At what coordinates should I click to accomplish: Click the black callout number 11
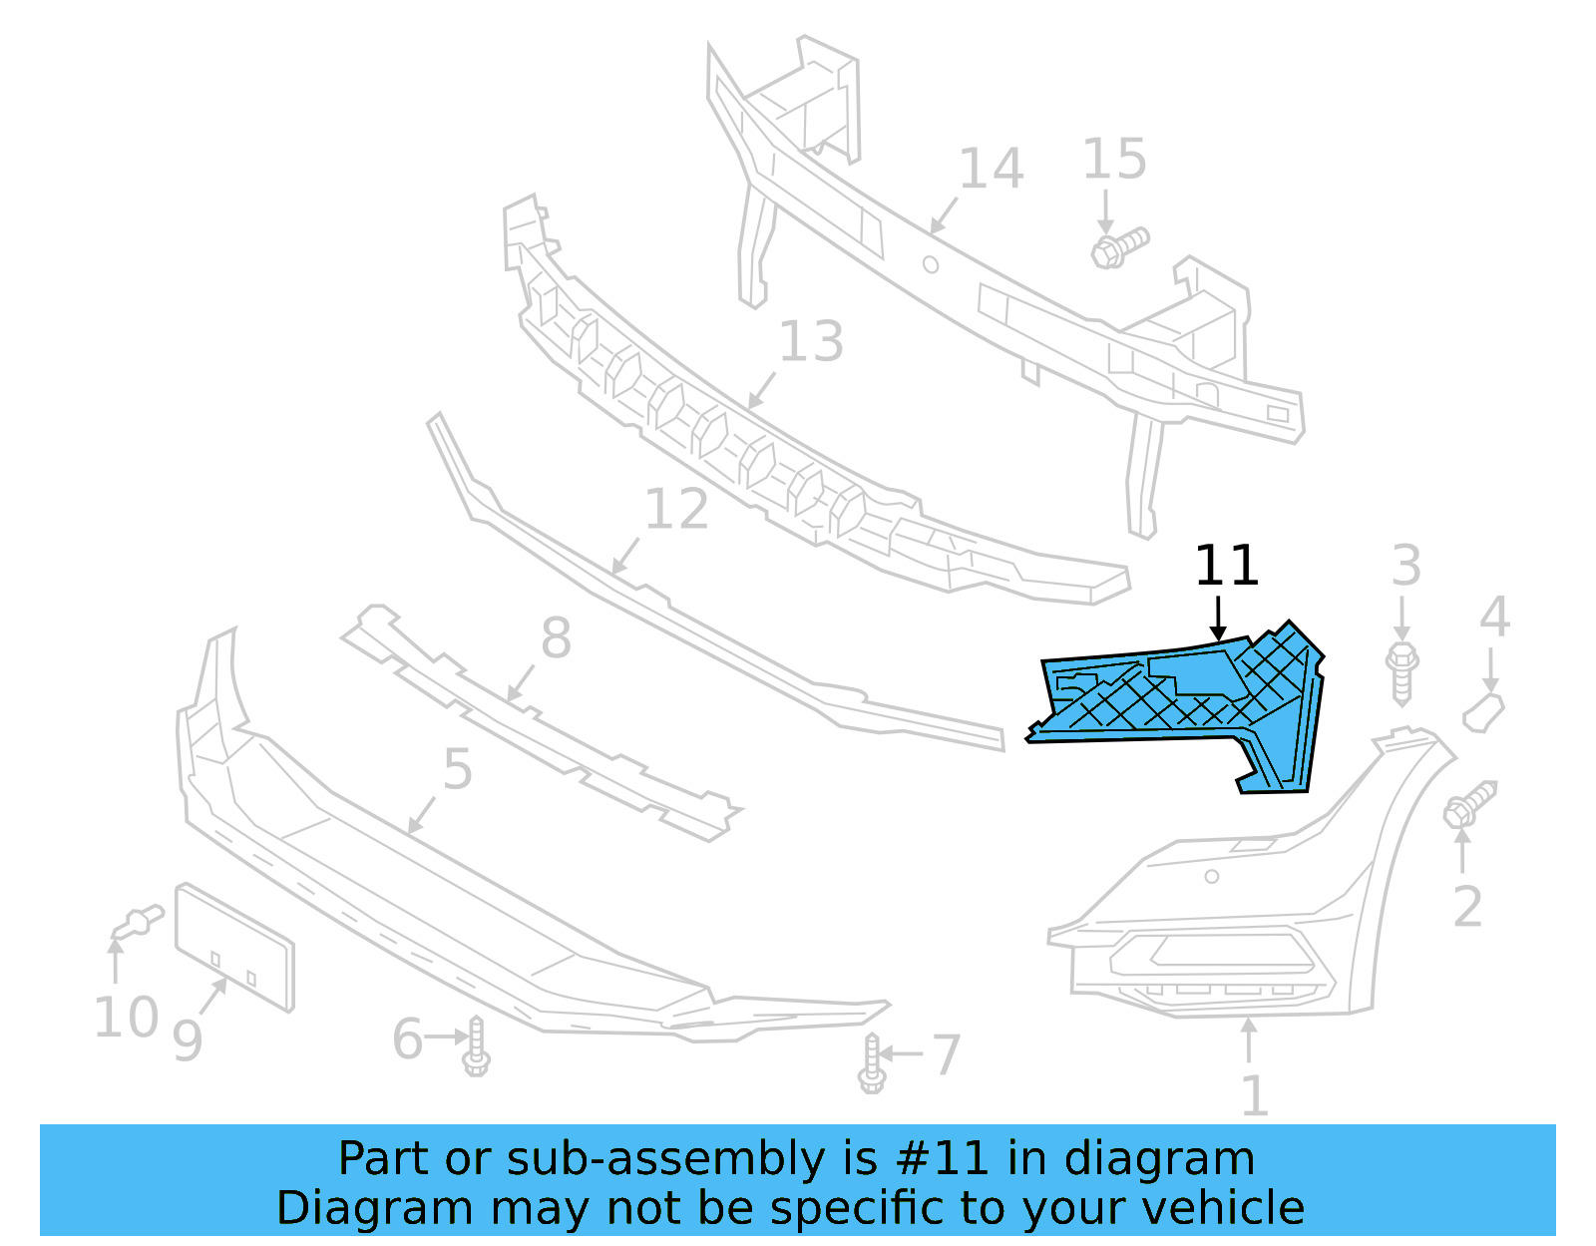tap(1226, 566)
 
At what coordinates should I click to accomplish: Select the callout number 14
tap(991, 169)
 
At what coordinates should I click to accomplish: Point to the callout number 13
tap(810, 342)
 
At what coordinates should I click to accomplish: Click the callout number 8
tap(556, 637)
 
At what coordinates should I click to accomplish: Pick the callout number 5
tap(457, 769)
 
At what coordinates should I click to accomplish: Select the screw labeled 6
tap(476, 1046)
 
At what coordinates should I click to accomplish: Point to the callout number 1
tap(1254, 1095)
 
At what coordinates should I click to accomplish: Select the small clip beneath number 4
tap(1483, 713)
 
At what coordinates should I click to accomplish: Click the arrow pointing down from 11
tap(1218, 619)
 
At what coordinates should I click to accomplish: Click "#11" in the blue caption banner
tap(943, 1159)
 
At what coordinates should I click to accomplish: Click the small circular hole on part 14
tap(931, 264)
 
